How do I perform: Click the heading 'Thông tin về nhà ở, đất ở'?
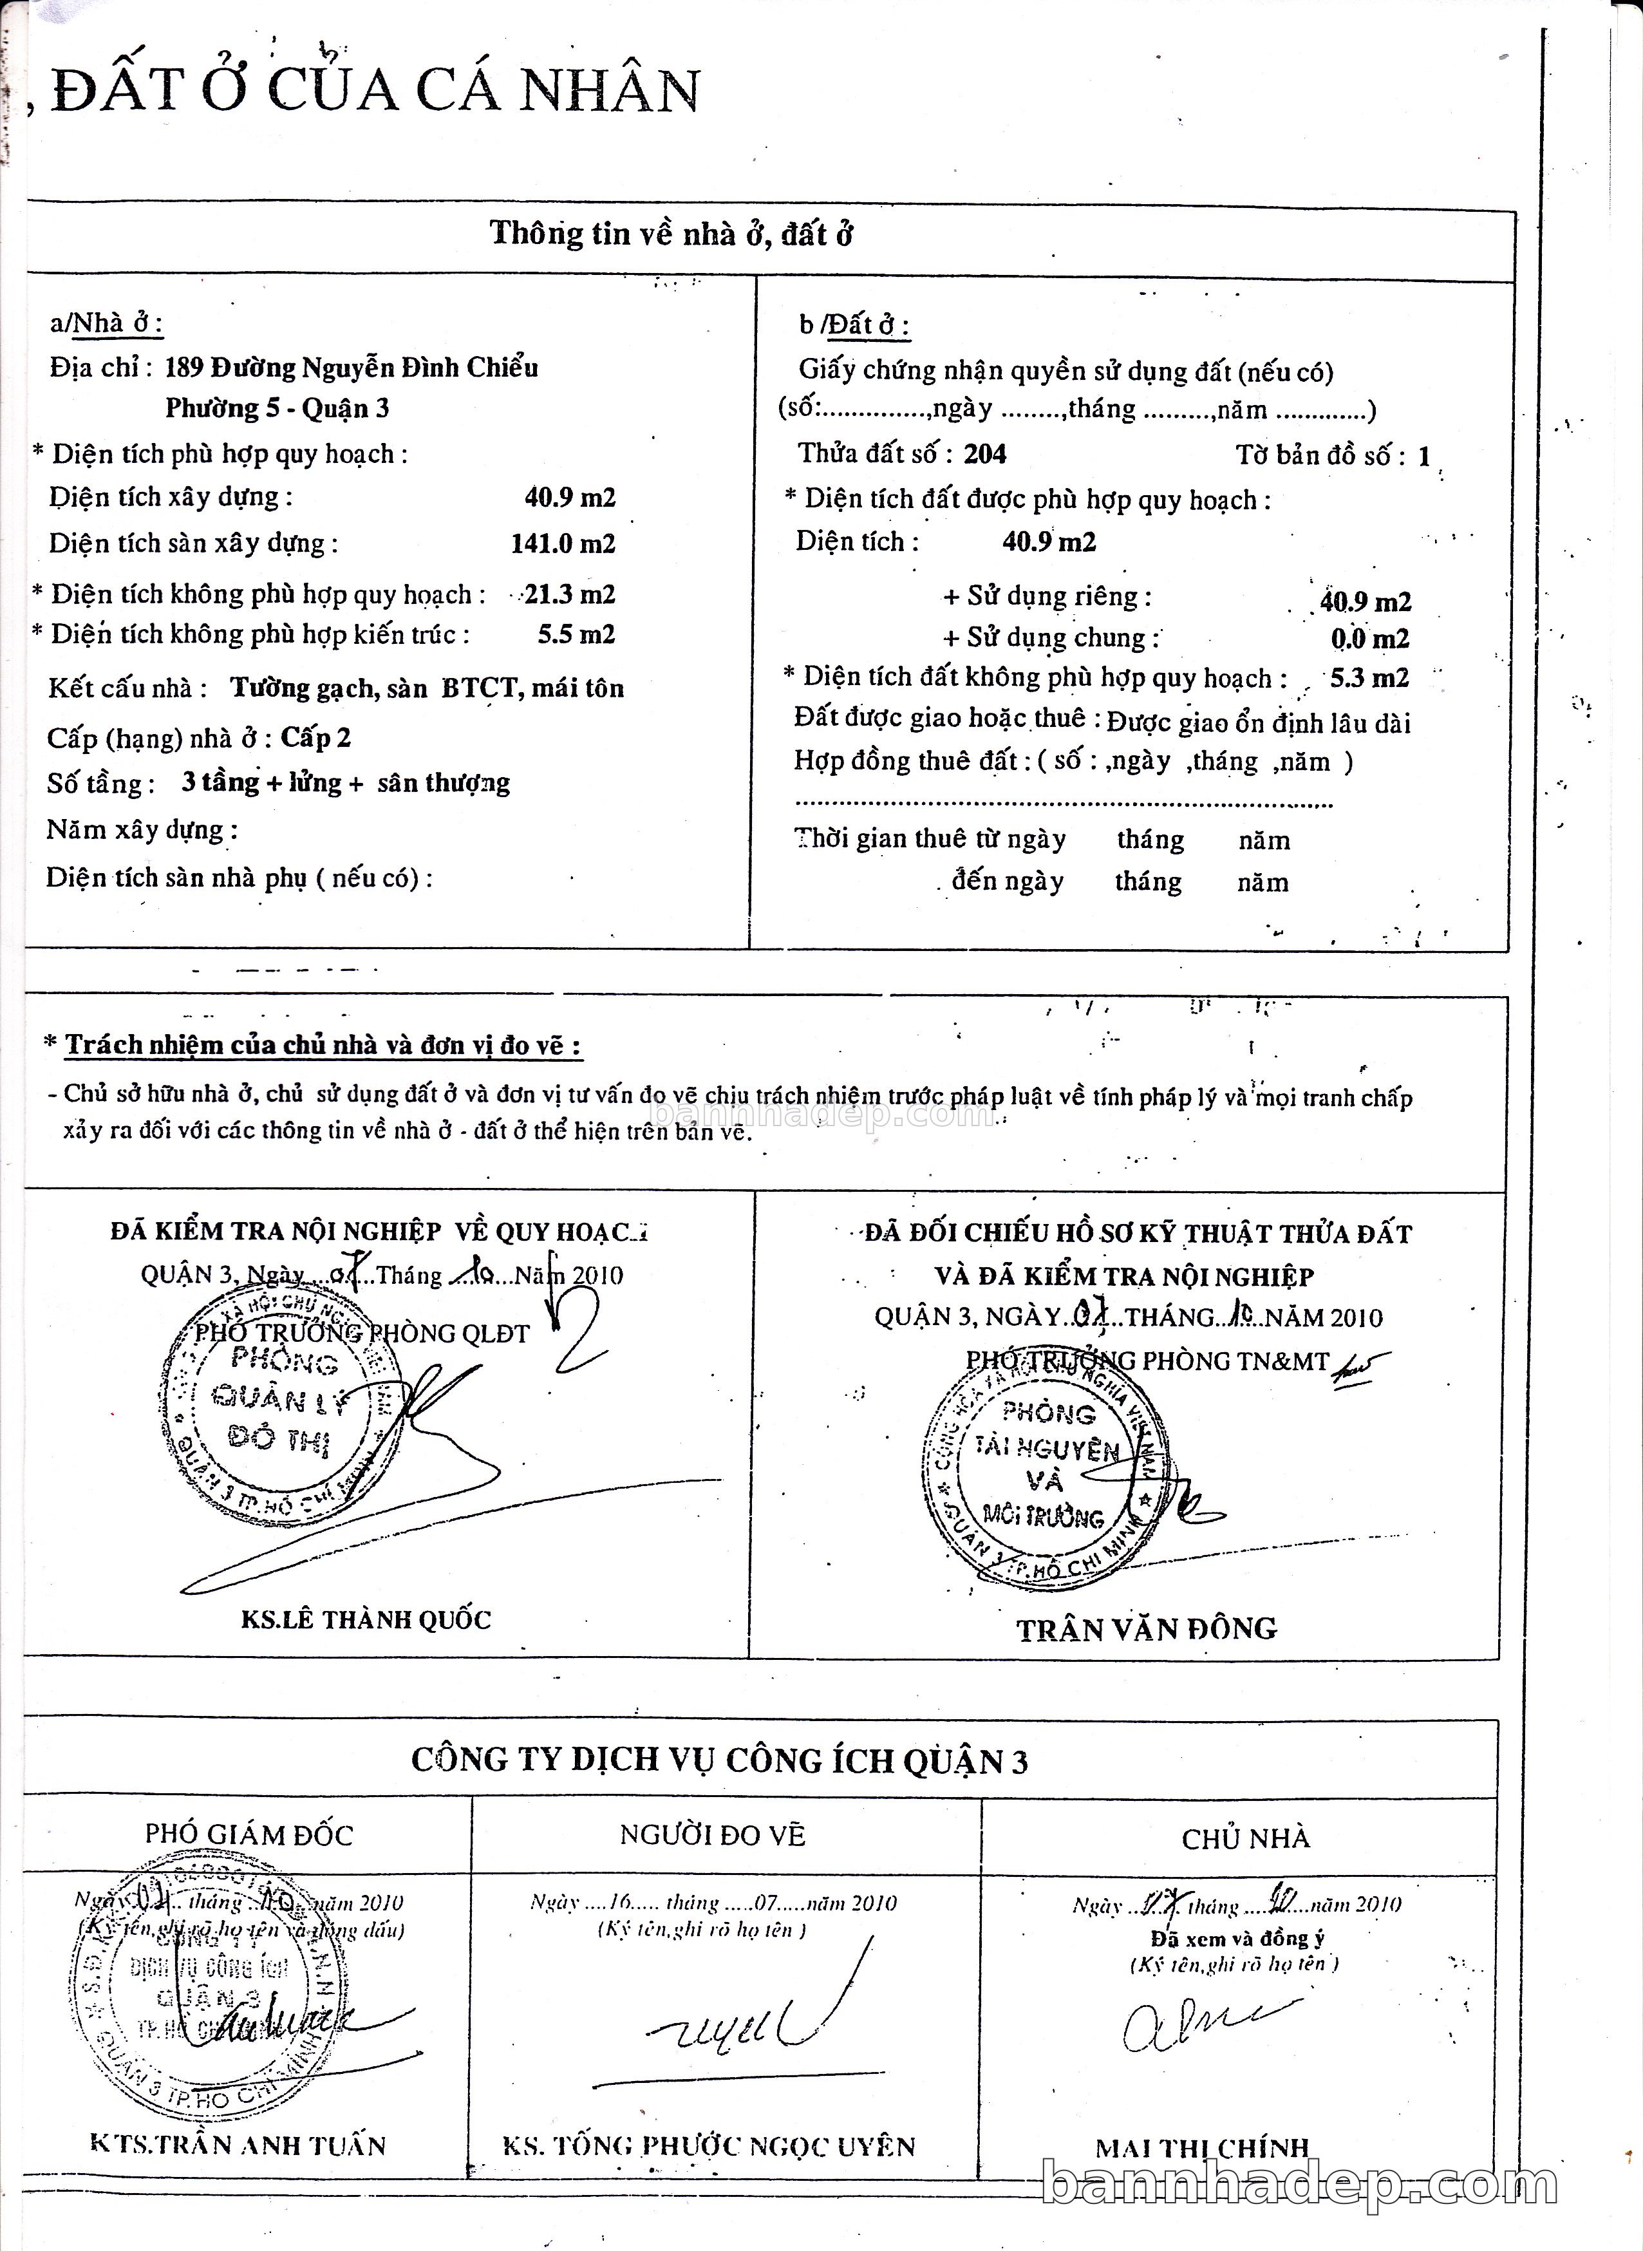[671, 235]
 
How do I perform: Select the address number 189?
[183, 368]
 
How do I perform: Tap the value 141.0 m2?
[563, 543]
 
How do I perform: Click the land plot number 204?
[984, 455]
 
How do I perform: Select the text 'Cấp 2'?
[315, 737]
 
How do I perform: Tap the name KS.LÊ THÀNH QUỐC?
[365, 1619]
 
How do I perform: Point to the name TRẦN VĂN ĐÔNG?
[1146, 1629]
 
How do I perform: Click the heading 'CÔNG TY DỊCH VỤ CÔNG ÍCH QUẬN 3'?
[719, 1760]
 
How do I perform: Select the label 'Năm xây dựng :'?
[141, 829]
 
